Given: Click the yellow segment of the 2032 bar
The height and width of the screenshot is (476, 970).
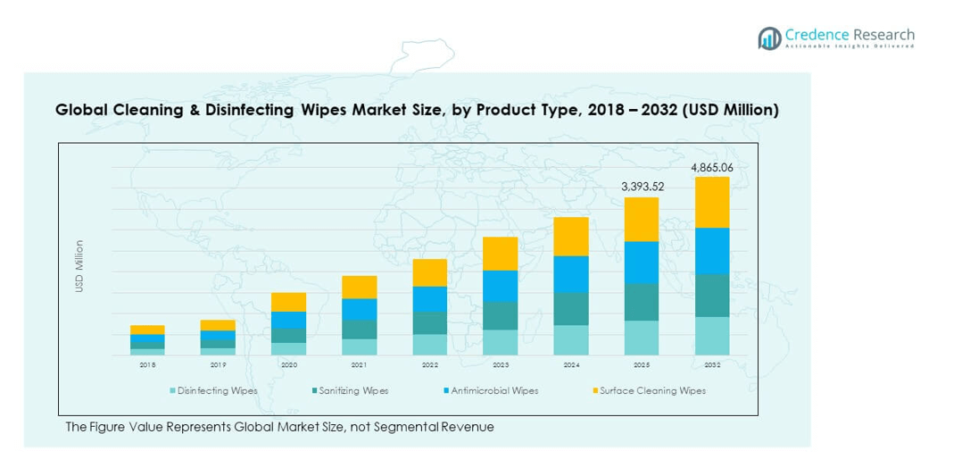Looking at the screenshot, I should point(712,202).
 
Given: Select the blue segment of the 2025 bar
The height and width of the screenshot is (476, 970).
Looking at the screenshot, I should point(642,263).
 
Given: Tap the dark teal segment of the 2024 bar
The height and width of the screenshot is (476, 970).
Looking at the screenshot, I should point(571,308).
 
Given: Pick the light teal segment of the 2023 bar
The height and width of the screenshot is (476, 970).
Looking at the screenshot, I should point(501,342).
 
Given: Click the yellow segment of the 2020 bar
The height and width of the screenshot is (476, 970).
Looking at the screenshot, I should point(288,302).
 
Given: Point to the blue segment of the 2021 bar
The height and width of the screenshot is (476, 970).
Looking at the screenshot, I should point(359,309).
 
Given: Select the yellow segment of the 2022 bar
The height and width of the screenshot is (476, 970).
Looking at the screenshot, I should point(429,272).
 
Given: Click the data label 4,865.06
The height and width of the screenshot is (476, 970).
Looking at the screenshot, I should point(712,167).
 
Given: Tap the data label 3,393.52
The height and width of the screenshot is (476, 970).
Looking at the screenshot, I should point(642,187).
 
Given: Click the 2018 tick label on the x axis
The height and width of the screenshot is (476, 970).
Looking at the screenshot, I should point(147,365).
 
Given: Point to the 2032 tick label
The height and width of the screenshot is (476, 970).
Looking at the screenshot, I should point(712,365).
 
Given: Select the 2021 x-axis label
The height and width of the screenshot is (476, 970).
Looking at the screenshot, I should point(359,365).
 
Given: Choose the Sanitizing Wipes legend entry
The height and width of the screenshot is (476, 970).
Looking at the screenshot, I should point(351,391).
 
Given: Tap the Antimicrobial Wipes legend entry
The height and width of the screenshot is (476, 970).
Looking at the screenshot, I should point(494,391).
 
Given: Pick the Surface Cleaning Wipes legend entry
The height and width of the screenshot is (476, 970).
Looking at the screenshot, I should point(651,391).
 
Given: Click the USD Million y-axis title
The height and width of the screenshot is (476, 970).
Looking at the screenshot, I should point(79,266).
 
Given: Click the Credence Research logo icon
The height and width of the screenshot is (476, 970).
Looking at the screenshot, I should point(769,38).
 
